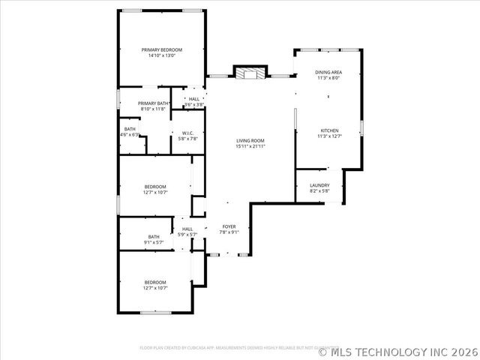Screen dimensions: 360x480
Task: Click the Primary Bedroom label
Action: [x=162, y=49]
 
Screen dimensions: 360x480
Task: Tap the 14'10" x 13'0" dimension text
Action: [x=162, y=55]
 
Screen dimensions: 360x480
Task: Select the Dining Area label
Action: [x=328, y=72]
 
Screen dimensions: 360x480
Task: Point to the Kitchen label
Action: [x=328, y=130]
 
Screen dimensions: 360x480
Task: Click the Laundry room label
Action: [x=319, y=185]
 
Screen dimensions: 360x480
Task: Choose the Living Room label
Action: [x=250, y=140]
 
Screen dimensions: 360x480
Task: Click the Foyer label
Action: [x=229, y=226]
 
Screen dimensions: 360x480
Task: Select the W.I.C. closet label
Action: [x=188, y=133]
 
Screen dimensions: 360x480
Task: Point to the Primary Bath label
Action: [x=153, y=103]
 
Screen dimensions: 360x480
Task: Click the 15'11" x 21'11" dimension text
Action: [x=250, y=146]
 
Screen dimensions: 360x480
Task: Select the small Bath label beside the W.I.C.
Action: [x=130, y=129]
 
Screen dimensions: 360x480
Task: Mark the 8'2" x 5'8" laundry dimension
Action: [x=319, y=191]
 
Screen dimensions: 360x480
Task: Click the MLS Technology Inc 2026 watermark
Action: [x=398, y=351]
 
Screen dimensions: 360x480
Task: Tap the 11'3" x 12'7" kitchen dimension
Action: [x=328, y=136]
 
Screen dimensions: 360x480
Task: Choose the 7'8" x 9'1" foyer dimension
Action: [x=229, y=232]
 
